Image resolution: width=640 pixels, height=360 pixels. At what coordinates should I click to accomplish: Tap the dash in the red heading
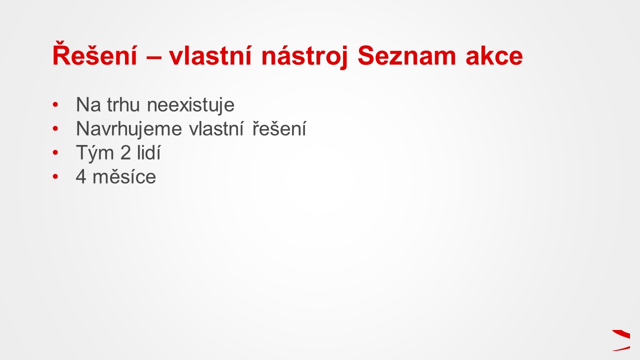pyautogui.click(x=154, y=57)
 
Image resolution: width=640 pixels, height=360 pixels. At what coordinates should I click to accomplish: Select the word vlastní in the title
pyautogui.click(x=210, y=55)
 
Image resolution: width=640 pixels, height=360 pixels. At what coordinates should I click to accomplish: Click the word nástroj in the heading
pyautogui.click(x=304, y=57)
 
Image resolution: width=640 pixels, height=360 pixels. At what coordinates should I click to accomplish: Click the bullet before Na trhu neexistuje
pyautogui.click(x=55, y=105)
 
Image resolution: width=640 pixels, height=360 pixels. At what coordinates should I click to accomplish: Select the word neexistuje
pyautogui.click(x=190, y=105)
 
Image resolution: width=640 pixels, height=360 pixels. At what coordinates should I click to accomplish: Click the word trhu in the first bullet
pyautogui.click(x=123, y=104)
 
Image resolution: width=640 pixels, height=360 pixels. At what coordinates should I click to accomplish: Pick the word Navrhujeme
pyautogui.click(x=129, y=129)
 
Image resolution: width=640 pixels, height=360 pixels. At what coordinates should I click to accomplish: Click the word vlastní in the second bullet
pyautogui.click(x=216, y=128)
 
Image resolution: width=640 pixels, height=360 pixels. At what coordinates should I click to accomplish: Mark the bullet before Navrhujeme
pyautogui.click(x=55, y=129)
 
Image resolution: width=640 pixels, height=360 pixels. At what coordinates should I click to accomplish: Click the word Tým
pyautogui.click(x=95, y=153)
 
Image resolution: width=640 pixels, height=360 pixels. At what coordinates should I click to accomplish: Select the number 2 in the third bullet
pyautogui.click(x=125, y=152)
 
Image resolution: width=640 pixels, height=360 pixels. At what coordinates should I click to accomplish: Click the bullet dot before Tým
pyautogui.click(x=55, y=153)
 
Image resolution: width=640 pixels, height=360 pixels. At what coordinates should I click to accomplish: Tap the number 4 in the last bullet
pyautogui.click(x=81, y=177)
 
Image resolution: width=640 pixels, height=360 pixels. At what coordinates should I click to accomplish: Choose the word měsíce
pyautogui.click(x=124, y=176)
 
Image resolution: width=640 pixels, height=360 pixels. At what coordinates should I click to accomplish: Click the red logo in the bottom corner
pyautogui.click(x=621, y=340)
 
